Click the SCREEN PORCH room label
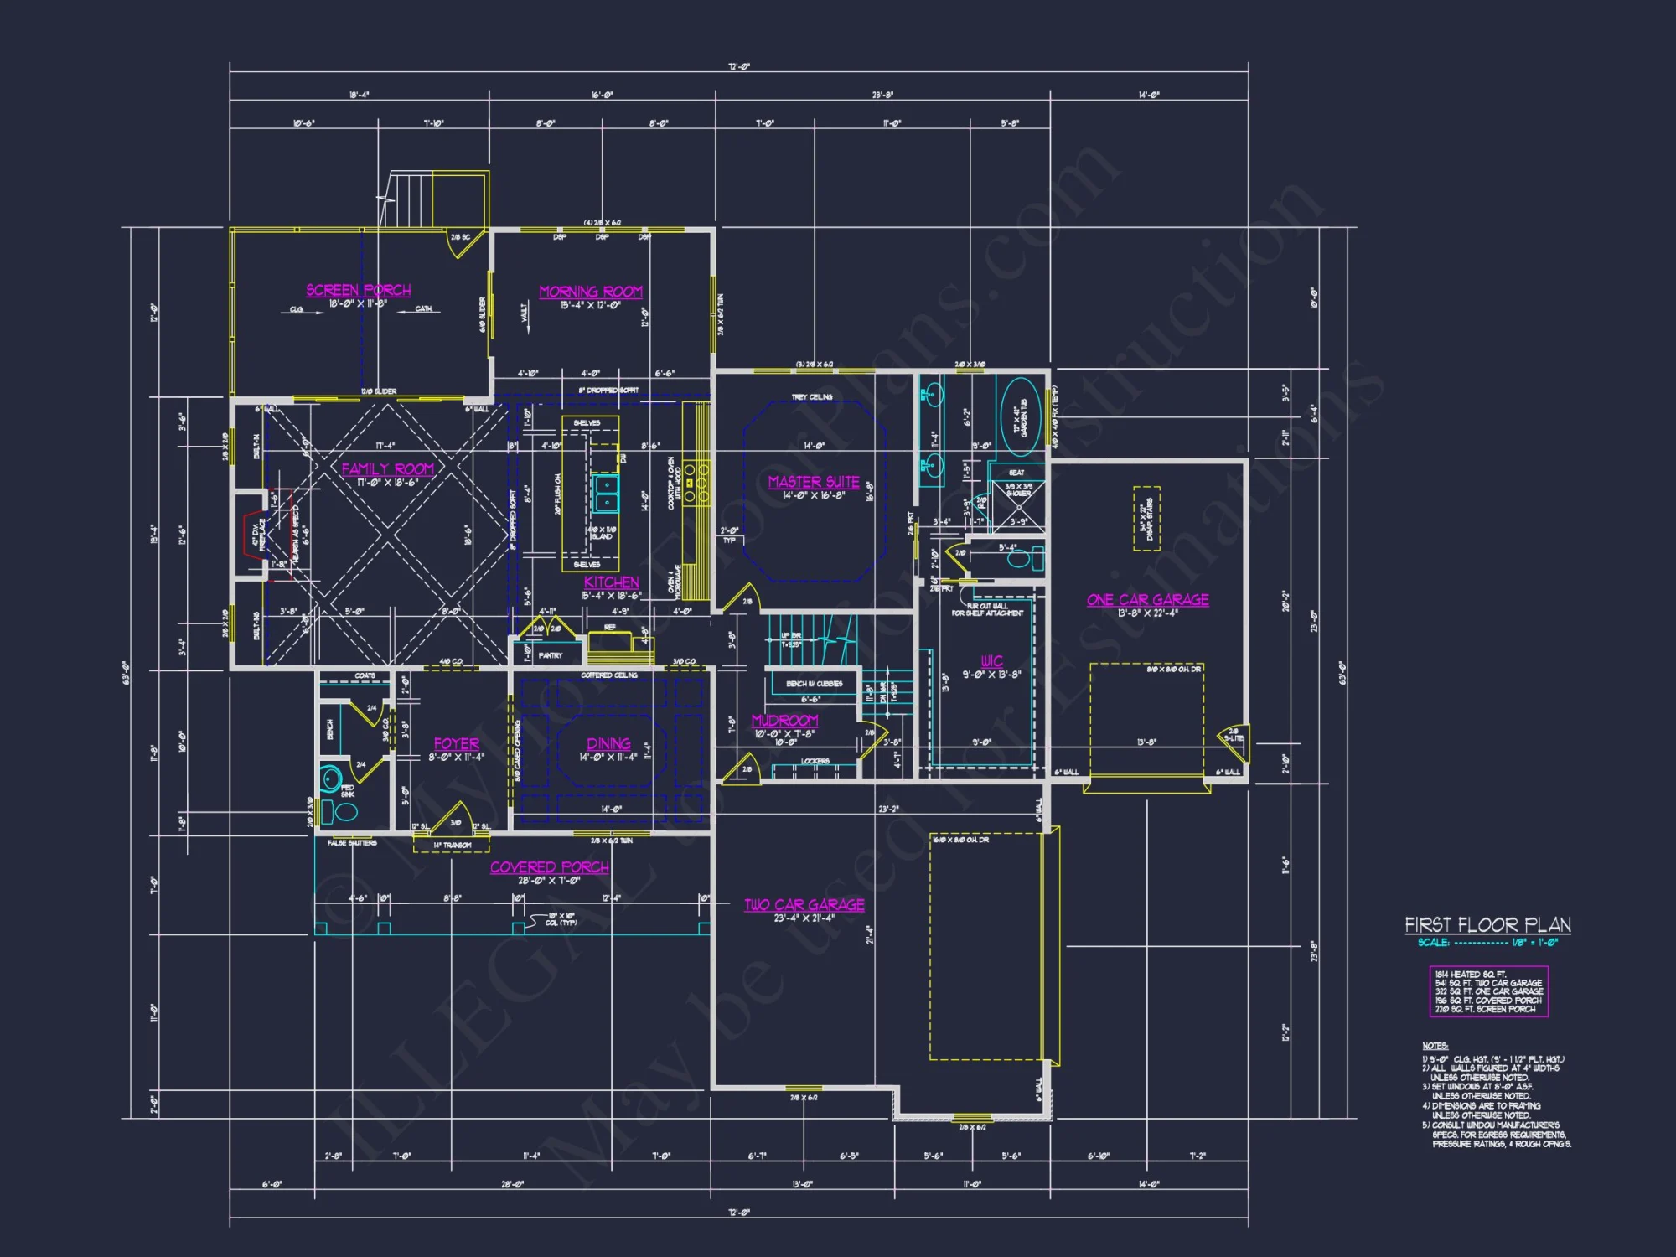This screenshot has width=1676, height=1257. [358, 290]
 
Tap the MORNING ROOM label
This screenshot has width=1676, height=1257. [590, 292]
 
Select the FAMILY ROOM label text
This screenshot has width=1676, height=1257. [387, 469]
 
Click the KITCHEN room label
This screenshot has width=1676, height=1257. [611, 582]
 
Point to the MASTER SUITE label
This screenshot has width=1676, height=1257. [813, 482]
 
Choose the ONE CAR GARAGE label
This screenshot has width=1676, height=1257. [1147, 600]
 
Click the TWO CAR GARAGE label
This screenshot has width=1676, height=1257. [804, 905]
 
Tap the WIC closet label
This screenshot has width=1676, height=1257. [991, 661]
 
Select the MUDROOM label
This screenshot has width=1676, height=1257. [784, 721]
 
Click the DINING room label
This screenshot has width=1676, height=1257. [608, 744]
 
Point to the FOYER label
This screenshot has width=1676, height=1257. [456, 744]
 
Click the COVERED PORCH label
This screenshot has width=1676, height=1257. [549, 867]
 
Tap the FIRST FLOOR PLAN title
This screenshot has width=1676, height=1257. [1487, 925]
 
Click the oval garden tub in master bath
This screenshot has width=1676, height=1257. [1021, 416]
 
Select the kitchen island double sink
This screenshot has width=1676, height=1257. [606, 494]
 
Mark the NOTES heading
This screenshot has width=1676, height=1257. [1435, 1046]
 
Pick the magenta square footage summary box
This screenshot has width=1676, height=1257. [1488, 991]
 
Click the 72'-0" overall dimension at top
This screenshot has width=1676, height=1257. [738, 67]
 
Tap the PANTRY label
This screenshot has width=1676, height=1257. [550, 655]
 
